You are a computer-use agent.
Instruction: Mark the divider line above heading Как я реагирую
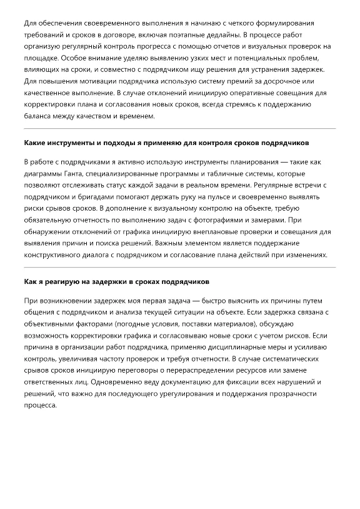tap(180, 267)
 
